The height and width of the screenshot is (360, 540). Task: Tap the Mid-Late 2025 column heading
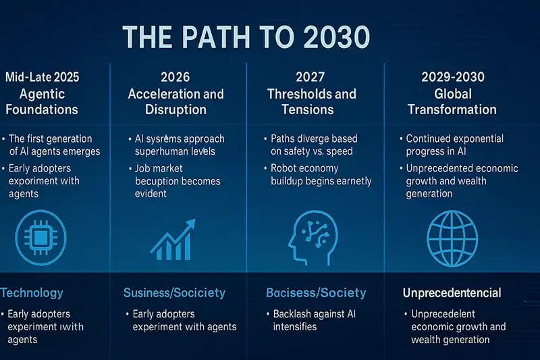42,77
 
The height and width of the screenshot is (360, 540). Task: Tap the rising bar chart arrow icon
173,239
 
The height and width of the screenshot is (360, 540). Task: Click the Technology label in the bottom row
32,292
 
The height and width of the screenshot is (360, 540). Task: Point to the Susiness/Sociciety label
174,292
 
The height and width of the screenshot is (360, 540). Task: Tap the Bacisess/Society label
317,292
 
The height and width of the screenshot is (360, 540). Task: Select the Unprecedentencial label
452,292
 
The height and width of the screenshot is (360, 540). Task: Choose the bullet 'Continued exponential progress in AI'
454,145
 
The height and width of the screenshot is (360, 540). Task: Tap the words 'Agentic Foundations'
42,101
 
